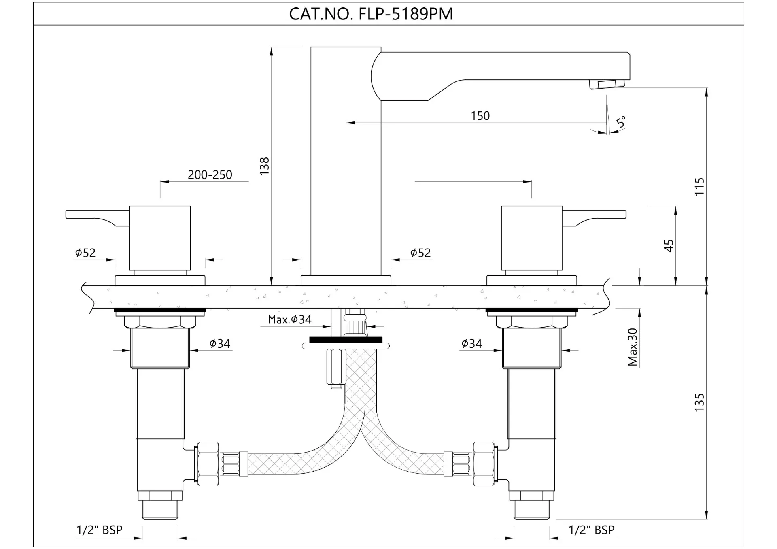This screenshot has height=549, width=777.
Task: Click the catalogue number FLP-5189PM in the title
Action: [406, 14]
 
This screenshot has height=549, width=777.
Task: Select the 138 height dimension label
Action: [264, 166]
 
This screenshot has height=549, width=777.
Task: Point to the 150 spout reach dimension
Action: [480, 116]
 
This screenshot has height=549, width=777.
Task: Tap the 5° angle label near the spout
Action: [621, 122]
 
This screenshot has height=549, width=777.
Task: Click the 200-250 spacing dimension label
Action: [210, 175]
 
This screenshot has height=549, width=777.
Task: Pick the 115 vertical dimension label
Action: [699, 187]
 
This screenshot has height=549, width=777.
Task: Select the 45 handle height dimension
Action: [669, 246]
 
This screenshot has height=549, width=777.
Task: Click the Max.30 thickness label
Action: [633, 347]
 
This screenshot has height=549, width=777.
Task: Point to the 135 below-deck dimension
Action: [699, 402]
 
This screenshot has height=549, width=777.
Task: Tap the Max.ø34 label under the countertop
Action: [290, 319]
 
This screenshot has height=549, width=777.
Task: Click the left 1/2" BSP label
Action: [100, 530]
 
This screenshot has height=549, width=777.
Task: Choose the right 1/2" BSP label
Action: [592, 530]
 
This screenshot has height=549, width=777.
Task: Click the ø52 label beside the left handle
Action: [85, 253]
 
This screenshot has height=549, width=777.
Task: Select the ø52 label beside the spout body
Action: [420, 253]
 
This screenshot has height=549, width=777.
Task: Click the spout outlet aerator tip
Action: [607, 84]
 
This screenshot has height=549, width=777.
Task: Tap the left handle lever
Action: [98, 217]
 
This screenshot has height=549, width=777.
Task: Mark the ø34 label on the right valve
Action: [471, 344]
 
